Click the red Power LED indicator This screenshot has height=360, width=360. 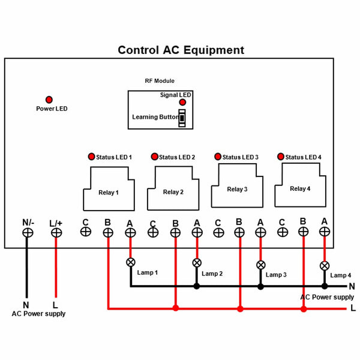coord(49,100)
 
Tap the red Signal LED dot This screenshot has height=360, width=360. coord(182,102)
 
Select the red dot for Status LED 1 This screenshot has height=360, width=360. coord(91,157)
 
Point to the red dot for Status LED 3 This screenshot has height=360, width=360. coord(218,157)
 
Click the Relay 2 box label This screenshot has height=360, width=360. coord(173,192)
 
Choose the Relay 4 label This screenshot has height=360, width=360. coord(300,189)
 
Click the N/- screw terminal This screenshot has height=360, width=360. coord(28,233)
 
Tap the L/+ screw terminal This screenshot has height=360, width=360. coord(56,233)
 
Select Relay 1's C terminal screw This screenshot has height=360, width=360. coord(86,232)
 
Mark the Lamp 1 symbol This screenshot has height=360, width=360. coord(131,262)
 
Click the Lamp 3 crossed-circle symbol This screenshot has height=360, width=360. coord(260,265)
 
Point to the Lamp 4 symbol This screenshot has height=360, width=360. coord(325,266)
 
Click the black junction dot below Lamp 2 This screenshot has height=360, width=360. coord(197,286)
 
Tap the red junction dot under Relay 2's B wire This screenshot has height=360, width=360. coord(176,308)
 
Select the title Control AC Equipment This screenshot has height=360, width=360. coord(181,50)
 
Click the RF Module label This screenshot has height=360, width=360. coord(160,81)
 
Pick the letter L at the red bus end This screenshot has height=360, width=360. coord(353,308)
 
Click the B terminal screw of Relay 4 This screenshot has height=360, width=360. coord(303,232)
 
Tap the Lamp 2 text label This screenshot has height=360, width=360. coord(212,274)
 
